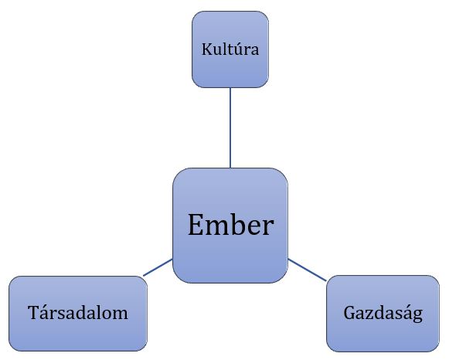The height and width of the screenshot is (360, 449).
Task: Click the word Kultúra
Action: [x=230, y=49]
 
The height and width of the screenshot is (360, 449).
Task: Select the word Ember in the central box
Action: [x=231, y=225]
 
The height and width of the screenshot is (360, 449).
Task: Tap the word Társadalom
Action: [x=78, y=312]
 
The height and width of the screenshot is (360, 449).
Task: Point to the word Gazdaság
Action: [x=383, y=314]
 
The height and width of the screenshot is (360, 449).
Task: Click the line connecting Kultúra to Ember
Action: [x=230, y=127]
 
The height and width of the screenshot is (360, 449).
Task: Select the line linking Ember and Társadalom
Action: [x=158, y=267]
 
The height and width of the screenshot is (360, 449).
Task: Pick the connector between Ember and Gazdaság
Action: [x=307, y=270]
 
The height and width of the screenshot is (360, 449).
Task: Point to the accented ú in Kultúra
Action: [x=236, y=49]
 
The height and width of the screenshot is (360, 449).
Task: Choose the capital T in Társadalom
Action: [x=33, y=312]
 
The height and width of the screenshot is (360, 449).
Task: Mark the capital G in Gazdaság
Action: [x=350, y=313]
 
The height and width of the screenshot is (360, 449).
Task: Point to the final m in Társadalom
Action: [x=120, y=314]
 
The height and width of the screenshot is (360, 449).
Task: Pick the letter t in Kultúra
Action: [x=228, y=50]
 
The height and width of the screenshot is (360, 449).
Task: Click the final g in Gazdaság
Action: [x=417, y=317]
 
